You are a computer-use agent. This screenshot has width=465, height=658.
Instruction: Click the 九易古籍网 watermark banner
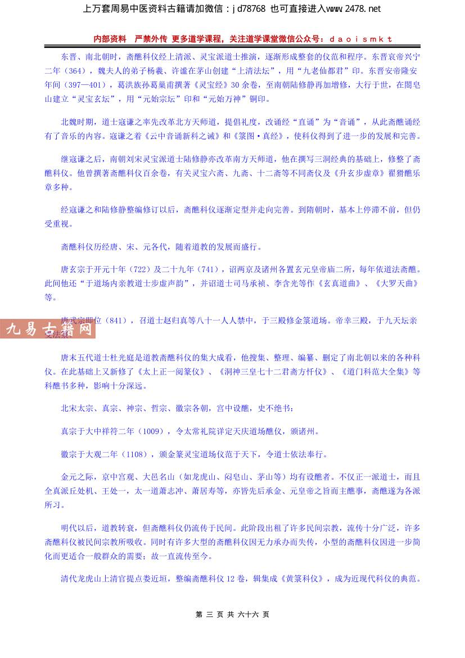(48, 328)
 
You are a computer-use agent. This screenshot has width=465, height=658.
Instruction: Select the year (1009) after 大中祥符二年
(153, 431)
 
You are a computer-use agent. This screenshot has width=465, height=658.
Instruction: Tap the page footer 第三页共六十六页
(232, 615)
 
